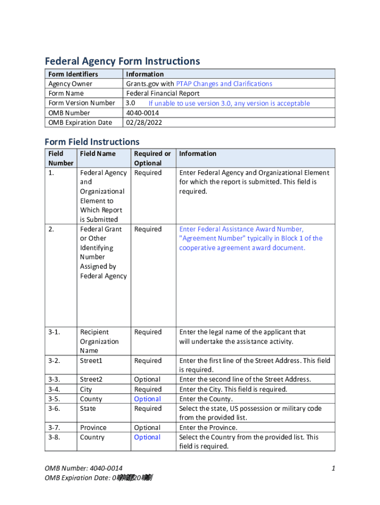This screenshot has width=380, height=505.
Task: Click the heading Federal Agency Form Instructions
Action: (x=122, y=61)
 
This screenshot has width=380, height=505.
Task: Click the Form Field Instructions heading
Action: (x=92, y=142)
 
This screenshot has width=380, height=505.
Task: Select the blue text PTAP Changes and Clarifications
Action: (x=224, y=84)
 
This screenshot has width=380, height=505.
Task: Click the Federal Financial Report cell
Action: (x=163, y=93)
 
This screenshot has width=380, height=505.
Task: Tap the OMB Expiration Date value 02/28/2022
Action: (x=144, y=122)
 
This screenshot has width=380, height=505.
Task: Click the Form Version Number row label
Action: (x=81, y=103)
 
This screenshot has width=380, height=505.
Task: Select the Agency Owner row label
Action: (x=70, y=84)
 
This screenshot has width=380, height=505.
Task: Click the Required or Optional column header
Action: (x=152, y=158)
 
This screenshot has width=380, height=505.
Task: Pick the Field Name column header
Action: (x=98, y=154)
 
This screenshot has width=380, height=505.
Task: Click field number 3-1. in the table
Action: (x=54, y=332)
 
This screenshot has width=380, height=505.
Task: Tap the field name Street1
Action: (x=91, y=361)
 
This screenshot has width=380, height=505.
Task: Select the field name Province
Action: (x=93, y=428)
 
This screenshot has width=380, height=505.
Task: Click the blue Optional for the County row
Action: (x=147, y=399)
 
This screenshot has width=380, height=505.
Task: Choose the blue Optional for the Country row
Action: (x=147, y=437)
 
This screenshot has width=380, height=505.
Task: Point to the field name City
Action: (x=86, y=390)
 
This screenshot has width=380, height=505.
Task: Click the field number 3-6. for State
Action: (x=54, y=408)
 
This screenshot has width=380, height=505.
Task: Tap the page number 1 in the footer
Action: (x=334, y=468)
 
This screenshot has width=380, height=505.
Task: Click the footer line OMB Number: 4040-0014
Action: (x=83, y=468)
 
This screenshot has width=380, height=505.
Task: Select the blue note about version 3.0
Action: (x=229, y=104)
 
